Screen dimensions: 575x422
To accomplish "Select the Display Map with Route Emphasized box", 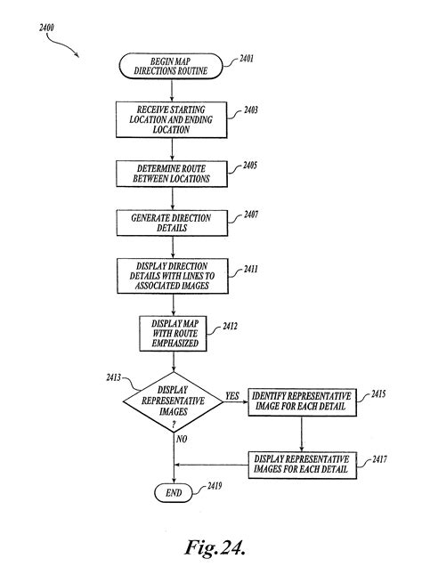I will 171,332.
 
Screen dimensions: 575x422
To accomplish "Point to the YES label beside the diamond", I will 231,395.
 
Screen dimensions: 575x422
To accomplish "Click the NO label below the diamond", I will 182,440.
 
